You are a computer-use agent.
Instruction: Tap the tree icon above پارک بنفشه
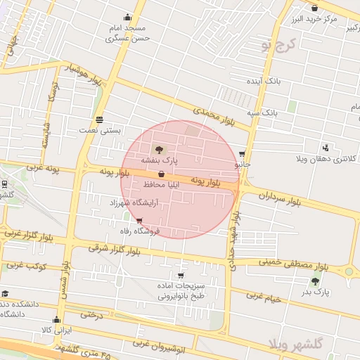(x=159, y=149)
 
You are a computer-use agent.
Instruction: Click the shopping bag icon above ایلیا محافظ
(x=162, y=174)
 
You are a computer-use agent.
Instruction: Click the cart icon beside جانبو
(x=243, y=154)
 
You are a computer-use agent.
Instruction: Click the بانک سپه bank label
(x=262, y=112)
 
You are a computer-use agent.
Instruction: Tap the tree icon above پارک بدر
(x=315, y=281)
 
